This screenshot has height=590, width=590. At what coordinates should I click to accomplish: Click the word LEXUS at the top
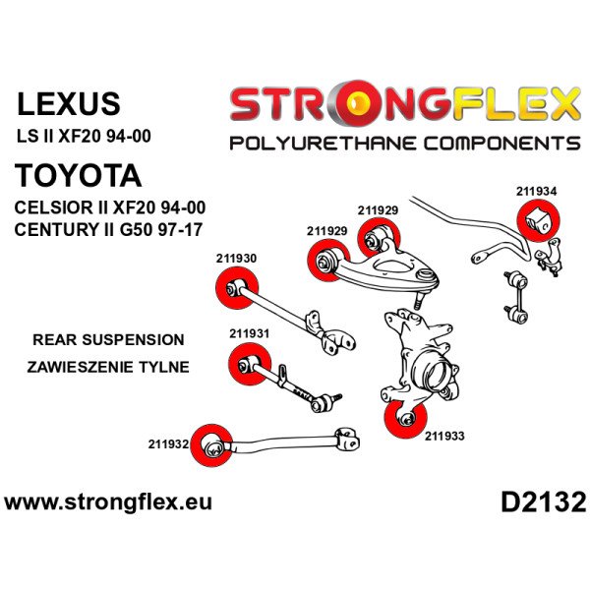tap(69, 104)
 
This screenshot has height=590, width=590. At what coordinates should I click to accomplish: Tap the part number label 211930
tap(236, 259)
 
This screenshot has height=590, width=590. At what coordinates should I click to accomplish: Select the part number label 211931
tap(250, 333)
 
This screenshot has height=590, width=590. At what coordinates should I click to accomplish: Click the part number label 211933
tap(445, 433)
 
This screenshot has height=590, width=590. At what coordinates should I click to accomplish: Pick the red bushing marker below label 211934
tap(538, 221)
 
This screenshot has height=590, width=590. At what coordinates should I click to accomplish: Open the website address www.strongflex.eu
tap(108, 502)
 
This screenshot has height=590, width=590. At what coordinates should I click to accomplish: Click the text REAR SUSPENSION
tap(108, 340)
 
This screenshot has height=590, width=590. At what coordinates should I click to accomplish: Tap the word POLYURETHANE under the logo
tap(316, 144)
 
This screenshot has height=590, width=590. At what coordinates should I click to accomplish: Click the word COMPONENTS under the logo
tap(499, 144)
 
